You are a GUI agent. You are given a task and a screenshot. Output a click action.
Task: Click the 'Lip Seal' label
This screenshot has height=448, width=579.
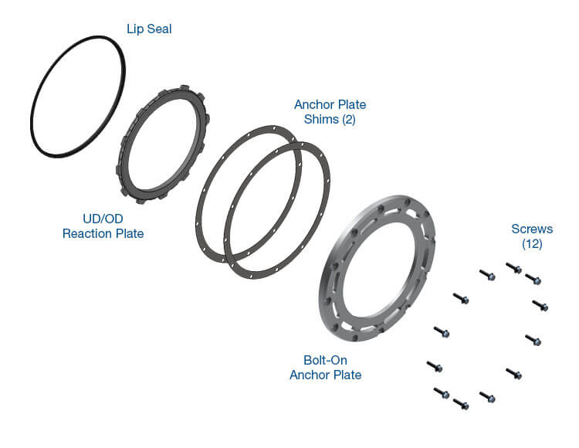click(x=149, y=29)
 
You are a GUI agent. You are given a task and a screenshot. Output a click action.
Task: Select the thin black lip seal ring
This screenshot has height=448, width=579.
click(x=78, y=97)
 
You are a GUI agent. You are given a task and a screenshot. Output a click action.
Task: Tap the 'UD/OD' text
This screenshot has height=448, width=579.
click(x=103, y=219)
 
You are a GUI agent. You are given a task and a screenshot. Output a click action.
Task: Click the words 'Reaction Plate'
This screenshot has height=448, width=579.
click(x=103, y=233)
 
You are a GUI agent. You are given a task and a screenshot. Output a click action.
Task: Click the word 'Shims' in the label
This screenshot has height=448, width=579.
click(x=321, y=119)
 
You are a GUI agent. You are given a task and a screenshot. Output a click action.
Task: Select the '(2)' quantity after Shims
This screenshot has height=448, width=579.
click(x=349, y=119)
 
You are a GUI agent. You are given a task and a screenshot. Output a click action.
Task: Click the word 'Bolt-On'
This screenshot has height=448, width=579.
click(x=325, y=360)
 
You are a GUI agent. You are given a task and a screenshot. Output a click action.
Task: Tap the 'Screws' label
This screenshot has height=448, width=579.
click(x=532, y=229)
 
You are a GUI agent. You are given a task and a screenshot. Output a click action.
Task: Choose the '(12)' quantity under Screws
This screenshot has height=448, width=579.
click(x=532, y=244)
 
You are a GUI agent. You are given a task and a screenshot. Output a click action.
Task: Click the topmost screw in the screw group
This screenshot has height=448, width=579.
click(x=513, y=268)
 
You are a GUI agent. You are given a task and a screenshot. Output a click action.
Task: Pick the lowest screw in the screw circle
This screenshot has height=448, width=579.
click(x=461, y=404)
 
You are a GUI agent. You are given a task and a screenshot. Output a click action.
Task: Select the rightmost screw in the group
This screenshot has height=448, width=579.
click(x=540, y=305)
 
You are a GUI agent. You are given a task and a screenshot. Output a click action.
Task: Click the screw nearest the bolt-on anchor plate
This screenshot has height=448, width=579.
click(x=442, y=331)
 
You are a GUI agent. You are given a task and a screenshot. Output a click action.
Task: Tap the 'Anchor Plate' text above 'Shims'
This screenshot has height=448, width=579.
click(x=330, y=104)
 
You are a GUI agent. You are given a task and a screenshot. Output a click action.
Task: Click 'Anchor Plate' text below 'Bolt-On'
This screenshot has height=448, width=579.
click(x=325, y=375)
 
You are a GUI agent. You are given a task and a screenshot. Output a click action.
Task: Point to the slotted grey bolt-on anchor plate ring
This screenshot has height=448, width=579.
click(x=377, y=268)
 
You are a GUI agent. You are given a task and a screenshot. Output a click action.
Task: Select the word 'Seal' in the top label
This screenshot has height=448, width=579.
click(x=160, y=29)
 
